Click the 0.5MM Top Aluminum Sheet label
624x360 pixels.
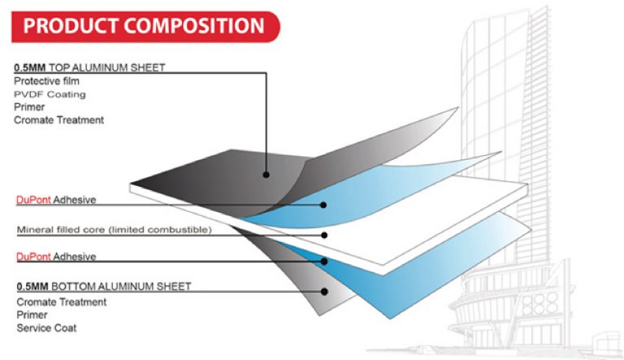[x=89, y=67]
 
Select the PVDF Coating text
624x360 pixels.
[x=50, y=94]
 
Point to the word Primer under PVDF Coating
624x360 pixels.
[x=29, y=107]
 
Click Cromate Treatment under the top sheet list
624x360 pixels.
[x=59, y=120]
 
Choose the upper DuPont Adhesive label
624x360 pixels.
[x=56, y=199]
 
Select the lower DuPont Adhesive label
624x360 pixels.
[x=56, y=257]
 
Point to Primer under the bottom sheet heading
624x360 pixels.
[x=31, y=314]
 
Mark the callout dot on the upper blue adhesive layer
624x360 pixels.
[x=324, y=205]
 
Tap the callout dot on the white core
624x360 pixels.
[x=324, y=235]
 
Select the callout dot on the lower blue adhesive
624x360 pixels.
[x=324, y=262]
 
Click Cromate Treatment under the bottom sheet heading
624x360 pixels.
[x=61, y=301]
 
